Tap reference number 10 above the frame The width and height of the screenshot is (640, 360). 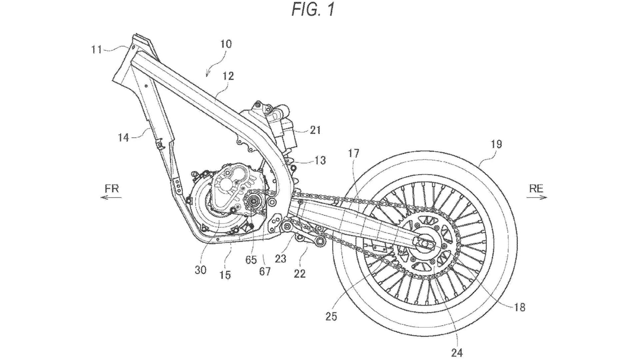coord(226,44)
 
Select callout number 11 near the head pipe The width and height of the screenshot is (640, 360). coord(97,50)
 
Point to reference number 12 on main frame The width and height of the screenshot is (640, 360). coord(228,76)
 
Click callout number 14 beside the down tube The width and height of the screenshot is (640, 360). coord(123,137)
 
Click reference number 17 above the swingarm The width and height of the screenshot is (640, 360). coord(354,153)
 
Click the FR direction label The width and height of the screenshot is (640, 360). coord(112,189)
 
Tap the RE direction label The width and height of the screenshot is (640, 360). coord(536,189)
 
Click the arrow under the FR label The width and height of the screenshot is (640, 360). coord(111,198)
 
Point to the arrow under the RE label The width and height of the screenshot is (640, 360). coord(537,198)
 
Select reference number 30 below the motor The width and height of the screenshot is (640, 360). coord(200,270)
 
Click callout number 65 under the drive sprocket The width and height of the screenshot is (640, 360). coord(251,259)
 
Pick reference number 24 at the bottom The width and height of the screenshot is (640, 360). coord(457,352)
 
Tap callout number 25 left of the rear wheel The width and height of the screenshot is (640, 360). coord(331,316)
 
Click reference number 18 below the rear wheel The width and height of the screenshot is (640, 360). coord(519,307)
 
